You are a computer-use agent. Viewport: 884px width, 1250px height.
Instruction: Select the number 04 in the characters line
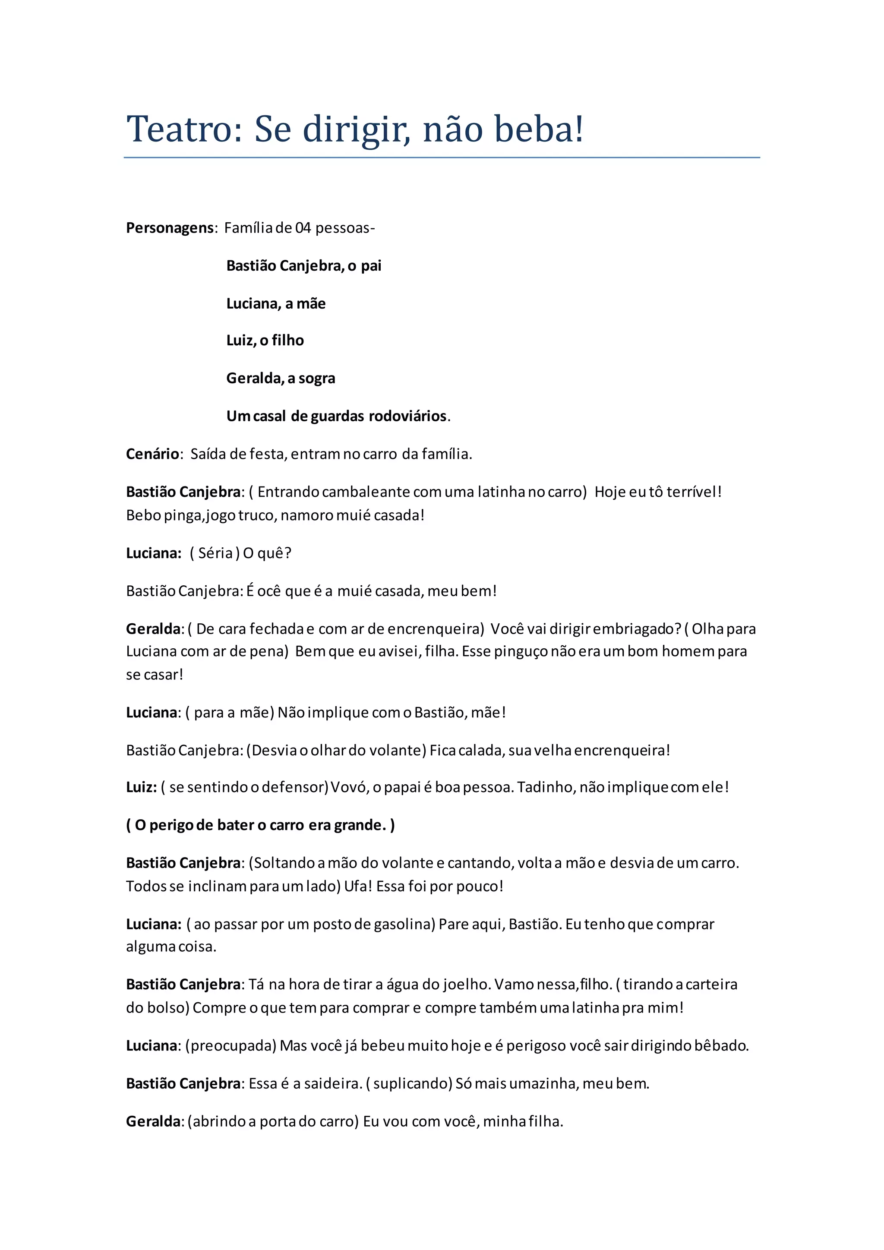(303, 227)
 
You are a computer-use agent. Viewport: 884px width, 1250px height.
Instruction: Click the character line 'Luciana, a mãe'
(276, 303)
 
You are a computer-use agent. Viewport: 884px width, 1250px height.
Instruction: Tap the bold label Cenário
(152, 454)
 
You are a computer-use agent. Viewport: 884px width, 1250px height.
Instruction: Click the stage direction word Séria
(215, 553)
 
